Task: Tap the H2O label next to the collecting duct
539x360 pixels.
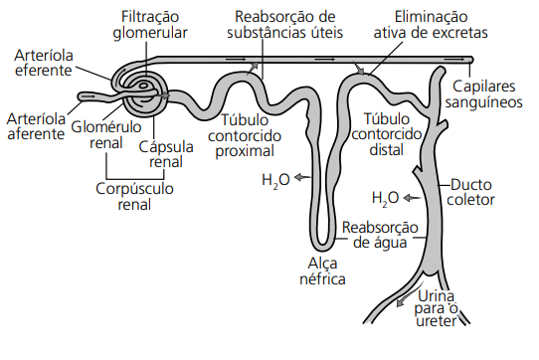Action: (385, 197)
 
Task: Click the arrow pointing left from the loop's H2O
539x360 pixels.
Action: (299, 178)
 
